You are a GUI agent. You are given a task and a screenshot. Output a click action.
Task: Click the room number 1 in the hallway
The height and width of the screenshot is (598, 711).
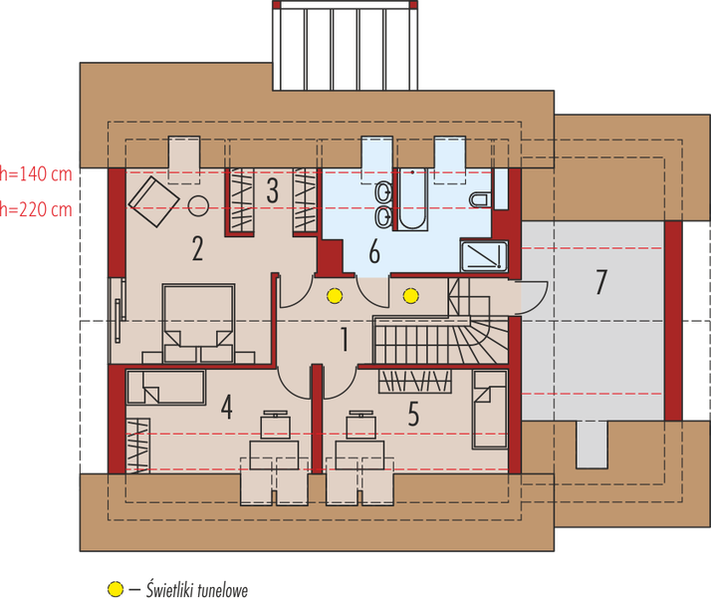coord(344,340)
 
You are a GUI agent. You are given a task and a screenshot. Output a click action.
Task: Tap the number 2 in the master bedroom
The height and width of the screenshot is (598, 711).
coord(197,247)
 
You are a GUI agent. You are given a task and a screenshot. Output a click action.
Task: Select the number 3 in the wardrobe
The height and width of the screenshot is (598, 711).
coord(272,190)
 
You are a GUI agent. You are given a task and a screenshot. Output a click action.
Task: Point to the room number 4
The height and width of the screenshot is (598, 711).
coord(227,408)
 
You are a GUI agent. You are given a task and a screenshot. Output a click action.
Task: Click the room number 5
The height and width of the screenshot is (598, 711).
coord(413,412)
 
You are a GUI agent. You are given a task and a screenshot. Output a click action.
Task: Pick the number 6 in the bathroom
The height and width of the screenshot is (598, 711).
coord(374,251)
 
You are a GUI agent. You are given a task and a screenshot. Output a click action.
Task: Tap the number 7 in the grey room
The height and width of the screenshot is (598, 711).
coord(599,282)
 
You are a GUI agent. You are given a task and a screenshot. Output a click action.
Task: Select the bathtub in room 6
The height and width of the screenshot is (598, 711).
coord(412,200)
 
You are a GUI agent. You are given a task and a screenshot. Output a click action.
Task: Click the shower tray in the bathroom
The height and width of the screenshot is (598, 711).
coord(485,257)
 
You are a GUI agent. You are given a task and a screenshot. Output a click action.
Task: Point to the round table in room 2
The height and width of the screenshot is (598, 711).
coord(198,207)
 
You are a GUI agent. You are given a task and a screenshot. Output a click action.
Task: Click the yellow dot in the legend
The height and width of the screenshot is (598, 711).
coord(116,588)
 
